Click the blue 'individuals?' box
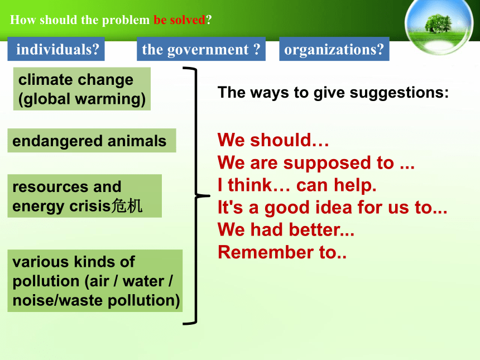56,49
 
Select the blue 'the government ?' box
201,49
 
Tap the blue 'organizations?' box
334,49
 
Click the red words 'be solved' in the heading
179,20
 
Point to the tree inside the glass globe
438,23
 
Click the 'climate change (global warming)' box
81,89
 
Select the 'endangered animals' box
92,141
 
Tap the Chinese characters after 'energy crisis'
127,206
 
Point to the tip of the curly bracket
209,195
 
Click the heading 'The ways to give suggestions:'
333,93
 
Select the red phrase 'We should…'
273,140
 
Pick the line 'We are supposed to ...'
316,163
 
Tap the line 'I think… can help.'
297,185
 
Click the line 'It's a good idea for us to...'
333,208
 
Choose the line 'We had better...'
286,230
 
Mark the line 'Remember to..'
282,252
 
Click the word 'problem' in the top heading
126,21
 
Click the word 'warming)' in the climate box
110,99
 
